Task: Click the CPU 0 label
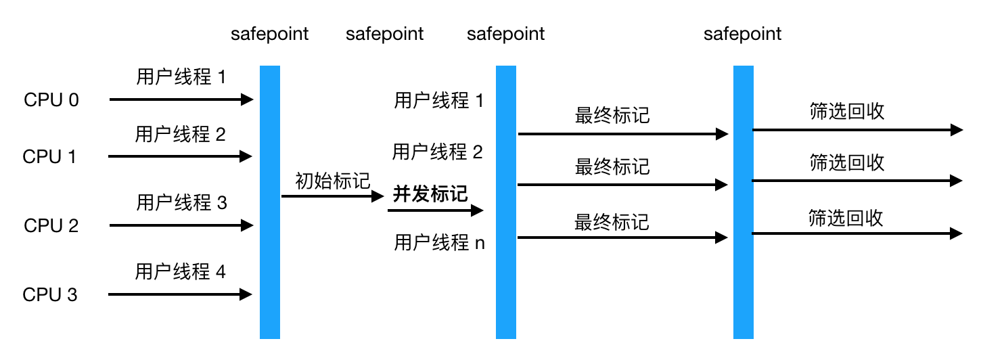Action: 51,100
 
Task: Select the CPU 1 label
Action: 50,157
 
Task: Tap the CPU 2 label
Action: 51,226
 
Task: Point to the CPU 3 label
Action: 50,295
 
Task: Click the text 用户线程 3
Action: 181,202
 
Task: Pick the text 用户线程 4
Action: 180,272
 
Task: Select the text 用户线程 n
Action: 439,242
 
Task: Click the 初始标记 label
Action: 333,181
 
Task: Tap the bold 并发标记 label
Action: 430,194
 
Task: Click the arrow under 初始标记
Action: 332,196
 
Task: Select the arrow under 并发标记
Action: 436,210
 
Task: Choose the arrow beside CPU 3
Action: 180,294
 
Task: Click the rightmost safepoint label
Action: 742,34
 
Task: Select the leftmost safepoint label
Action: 269,34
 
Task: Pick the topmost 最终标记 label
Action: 612,116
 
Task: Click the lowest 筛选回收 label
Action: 846,218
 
